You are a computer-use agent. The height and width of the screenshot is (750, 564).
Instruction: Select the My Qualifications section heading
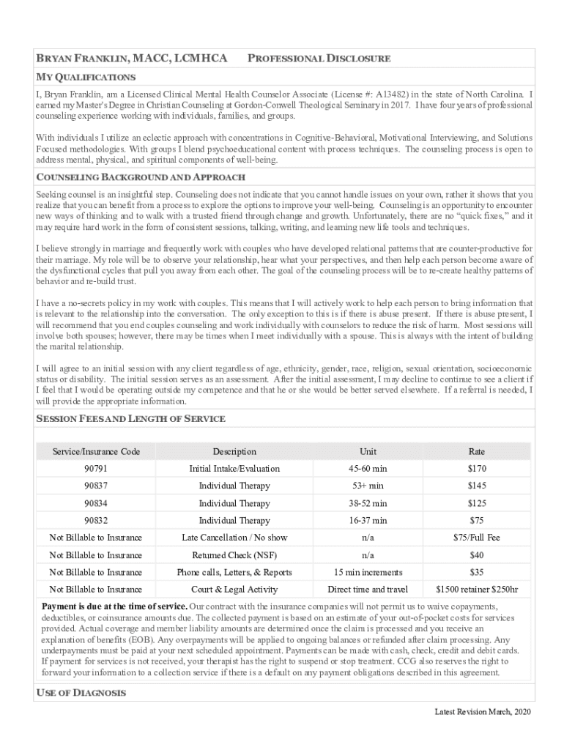pyautogui.click(x=85, y=77)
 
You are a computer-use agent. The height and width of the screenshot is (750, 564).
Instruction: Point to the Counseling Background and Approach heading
pyautogui.click(x=140, y=178)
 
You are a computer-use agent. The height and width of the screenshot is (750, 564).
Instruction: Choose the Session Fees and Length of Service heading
pyautogui.click(x=130, y=418)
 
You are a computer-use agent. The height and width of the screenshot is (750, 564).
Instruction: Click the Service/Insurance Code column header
pyautogui.click(x=95, y=451)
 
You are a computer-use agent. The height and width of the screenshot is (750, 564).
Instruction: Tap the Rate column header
pyautogui.click(x=476, y=451)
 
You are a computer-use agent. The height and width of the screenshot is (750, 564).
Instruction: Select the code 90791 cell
pyautogui.click(x=95, y=469)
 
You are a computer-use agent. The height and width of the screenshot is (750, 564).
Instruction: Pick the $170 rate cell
pyautogui.click(x=476, y=469)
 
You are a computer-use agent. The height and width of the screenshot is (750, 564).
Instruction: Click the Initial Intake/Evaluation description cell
pyautogui.click(x=234, y=469)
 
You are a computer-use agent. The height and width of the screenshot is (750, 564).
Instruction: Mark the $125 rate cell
pyautogui.click(x=476, y=503)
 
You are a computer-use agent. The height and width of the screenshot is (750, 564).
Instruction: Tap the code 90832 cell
pyautogui.click(x=95, y=521)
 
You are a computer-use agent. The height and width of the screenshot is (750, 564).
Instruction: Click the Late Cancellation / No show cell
pyautogui.click(x=234, y=538)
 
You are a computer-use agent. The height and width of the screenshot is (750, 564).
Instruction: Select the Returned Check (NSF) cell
pyautogui.click(x=234, y=555)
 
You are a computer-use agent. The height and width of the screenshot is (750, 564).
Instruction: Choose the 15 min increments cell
pyautogui.click(x=368, y=572)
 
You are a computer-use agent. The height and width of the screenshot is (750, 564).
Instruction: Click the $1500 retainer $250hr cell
pyautogui.click(x=476, y=590)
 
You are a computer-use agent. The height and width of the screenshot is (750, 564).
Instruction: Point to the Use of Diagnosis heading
pyautogui.click(x=81, y=693)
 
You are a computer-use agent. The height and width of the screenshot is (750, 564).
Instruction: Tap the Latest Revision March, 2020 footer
pyautogui.click(x=482, y=712)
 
